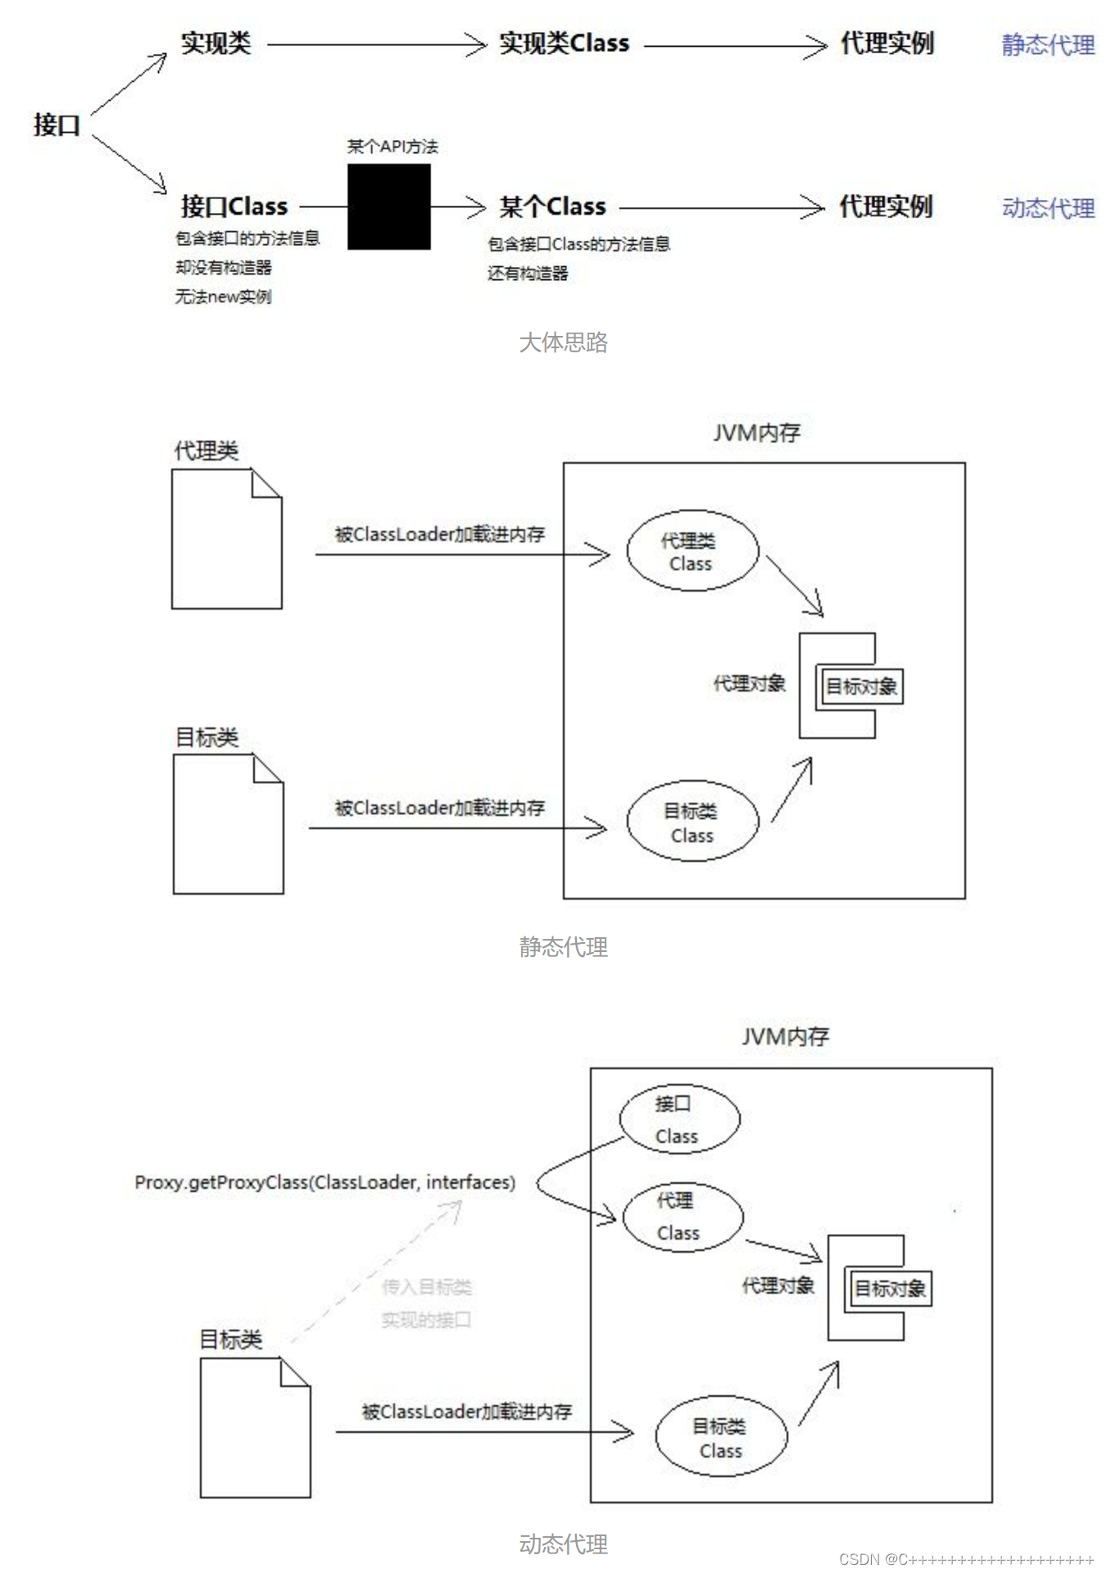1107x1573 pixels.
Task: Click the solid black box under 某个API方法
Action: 388,206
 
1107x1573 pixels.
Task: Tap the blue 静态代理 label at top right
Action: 1047,44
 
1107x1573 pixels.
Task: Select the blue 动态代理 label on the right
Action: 1047,208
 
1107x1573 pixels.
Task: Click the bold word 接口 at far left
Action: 57,125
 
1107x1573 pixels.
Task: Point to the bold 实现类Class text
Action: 564,43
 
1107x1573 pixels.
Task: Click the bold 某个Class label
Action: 552,206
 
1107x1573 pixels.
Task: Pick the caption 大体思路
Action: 563,342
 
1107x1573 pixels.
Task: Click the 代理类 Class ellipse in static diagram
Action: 692,551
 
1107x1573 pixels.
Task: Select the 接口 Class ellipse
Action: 678,1119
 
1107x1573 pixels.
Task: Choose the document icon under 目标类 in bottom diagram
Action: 255,1427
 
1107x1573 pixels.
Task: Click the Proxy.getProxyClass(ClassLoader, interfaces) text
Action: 324,1182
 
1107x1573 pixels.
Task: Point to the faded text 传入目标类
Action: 426,1287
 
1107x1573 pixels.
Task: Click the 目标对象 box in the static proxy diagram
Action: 860,687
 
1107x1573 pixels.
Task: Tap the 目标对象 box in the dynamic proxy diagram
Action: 889,1289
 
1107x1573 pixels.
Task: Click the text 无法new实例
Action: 222,297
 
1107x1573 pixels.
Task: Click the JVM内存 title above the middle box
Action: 755,433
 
